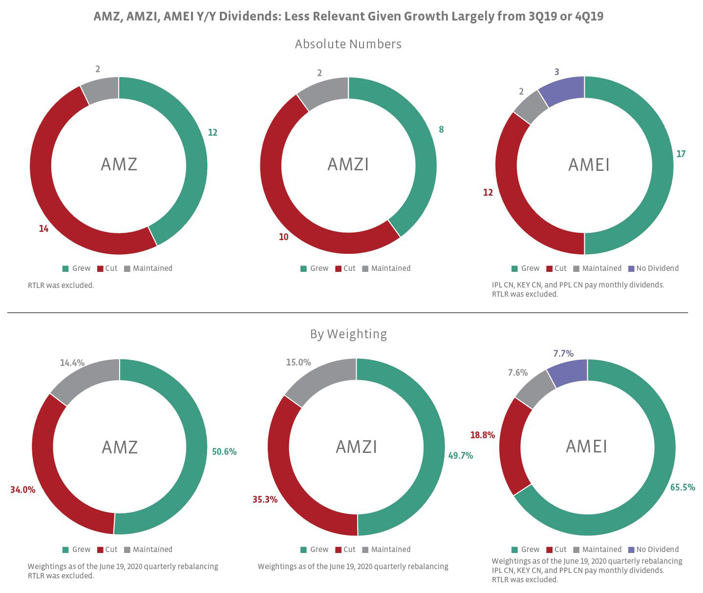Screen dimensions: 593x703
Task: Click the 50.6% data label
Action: [224, 452]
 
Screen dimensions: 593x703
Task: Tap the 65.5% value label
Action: [682, 488]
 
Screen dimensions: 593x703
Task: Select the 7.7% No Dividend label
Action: [563, 353]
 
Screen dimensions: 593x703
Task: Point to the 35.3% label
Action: [265, 499]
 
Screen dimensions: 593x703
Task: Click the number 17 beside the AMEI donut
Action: [681, 154]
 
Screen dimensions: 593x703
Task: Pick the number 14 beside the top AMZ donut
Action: [43, 228]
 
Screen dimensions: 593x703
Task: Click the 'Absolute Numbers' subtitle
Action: [348, 44]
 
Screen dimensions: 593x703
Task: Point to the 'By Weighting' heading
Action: [348, 334]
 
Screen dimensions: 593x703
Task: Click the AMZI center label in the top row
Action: [348, 164]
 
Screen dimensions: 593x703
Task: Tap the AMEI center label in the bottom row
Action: [586, 446]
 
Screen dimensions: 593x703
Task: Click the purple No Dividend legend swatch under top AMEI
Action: [631, 268]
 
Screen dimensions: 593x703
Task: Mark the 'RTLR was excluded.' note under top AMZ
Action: [61, 285]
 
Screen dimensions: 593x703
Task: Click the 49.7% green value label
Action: [460, 455]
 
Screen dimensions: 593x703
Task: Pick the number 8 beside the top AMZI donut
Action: [441, 130]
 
